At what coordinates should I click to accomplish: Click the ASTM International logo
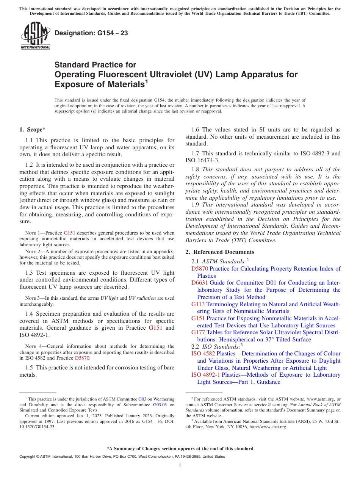35,36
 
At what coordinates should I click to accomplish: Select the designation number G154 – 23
91,33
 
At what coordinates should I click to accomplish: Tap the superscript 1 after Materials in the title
147,81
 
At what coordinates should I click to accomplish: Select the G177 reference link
198,332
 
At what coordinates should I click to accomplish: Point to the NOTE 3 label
30,298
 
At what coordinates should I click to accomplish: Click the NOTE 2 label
30,252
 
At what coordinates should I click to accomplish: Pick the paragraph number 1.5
29,368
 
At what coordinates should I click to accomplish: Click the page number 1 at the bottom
180,465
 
